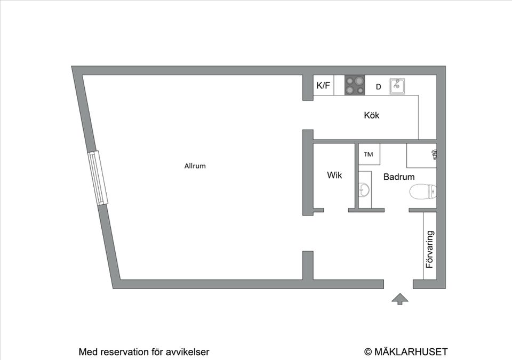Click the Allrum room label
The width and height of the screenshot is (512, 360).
(x=195, y=166)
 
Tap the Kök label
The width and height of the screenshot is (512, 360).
(x=372, y=115)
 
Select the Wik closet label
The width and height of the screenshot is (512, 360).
(x=334, y=175)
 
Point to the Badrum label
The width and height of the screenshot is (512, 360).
(x=399, y=177)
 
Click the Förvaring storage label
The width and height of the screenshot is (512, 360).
(x=430, y=249)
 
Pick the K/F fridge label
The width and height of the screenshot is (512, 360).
(x=323, y=85)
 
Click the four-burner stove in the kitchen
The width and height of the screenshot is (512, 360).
(x=355, y=85)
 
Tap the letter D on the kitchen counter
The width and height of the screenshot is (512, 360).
(x=379, y=86)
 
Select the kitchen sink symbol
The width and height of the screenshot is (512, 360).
(x=397, y=85)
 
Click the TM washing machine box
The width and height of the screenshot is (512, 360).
(x=369, y=155)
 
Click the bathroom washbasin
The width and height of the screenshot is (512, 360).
(x=364, y=189)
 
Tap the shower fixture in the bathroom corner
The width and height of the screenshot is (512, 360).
(x=434, y=155)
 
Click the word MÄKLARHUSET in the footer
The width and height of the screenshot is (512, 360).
(x=411, y=351)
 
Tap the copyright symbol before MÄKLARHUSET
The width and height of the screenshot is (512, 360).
(x=367, y=351)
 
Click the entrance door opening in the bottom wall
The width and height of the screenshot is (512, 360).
(x=398, y=284)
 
